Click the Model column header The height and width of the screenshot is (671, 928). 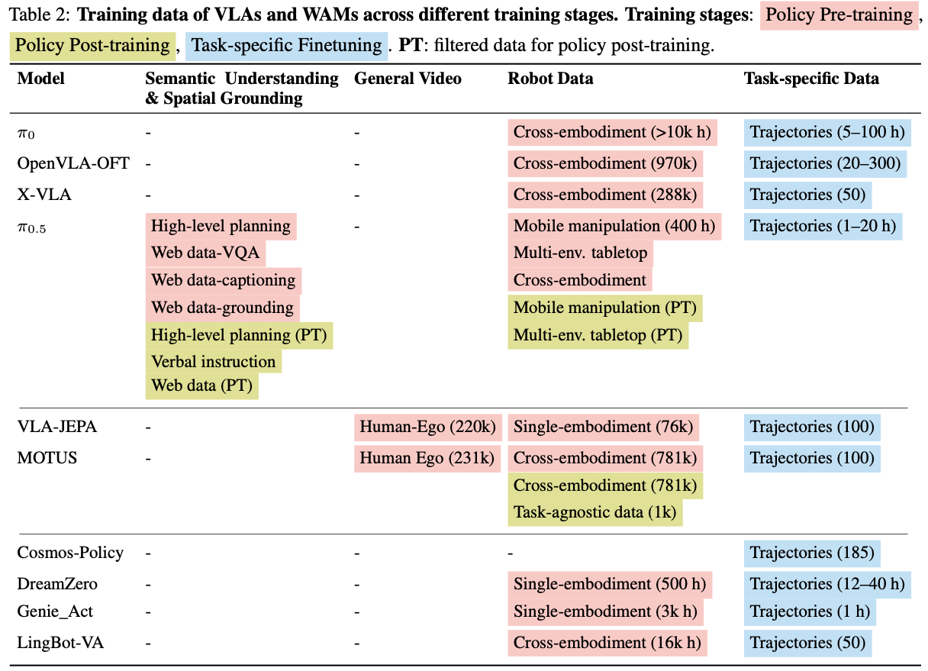(x=40, y=78)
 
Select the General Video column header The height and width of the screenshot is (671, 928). (x=408, y=78)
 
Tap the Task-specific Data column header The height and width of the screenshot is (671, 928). (x=811, y=78)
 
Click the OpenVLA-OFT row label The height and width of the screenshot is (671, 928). (x=73, y=163)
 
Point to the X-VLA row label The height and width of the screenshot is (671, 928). (x=44, y=195)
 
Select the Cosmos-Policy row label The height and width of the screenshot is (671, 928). (x=70, y=553)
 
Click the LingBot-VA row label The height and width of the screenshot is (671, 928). (x=60, y=643)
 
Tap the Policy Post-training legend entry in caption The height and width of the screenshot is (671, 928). (x=92, y=46)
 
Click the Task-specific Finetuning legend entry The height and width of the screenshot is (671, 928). (x=286, y=46)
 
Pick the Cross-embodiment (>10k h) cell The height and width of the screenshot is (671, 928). (x=612, y=132)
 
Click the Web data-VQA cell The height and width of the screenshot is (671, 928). (x=205, y=253)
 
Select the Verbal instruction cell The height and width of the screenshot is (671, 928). (x=214, y=361)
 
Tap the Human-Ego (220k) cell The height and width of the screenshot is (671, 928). (x=428, y=427)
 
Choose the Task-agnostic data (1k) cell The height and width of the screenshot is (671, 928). (x=595, y=512)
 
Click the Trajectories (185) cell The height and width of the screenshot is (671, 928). (x=812, y=553)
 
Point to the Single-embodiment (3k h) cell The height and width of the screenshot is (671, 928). (x=605, y=611)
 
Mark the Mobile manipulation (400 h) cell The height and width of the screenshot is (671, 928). (x=614, y=226)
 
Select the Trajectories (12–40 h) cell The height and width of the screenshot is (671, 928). (x=827, y=585)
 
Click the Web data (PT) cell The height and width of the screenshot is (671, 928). (x=201, y=386)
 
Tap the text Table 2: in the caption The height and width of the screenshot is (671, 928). (x=40, y=15)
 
